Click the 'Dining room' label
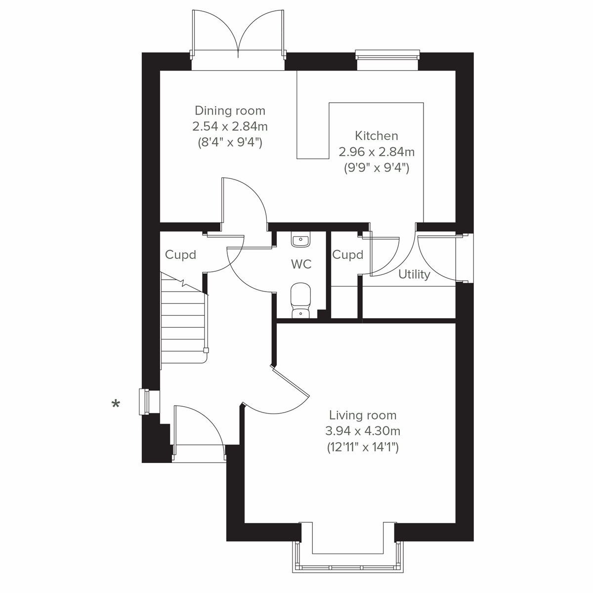pos(230,110)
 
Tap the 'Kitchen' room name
pos(376,135)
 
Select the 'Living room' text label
pos(363,415)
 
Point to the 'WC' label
pos(301,264)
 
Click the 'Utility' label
pos(414,275)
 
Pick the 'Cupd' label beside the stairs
pos(180,255)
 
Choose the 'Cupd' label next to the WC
pos(347,255)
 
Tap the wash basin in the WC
pos(300,241)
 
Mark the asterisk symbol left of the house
pos(116,405)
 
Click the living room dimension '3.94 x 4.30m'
pos(363,431)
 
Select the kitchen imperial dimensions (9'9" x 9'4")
pos(376,168)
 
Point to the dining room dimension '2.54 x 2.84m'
pos(230,127)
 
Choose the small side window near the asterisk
pos(146,402)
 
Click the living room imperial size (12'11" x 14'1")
pos(363,447)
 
